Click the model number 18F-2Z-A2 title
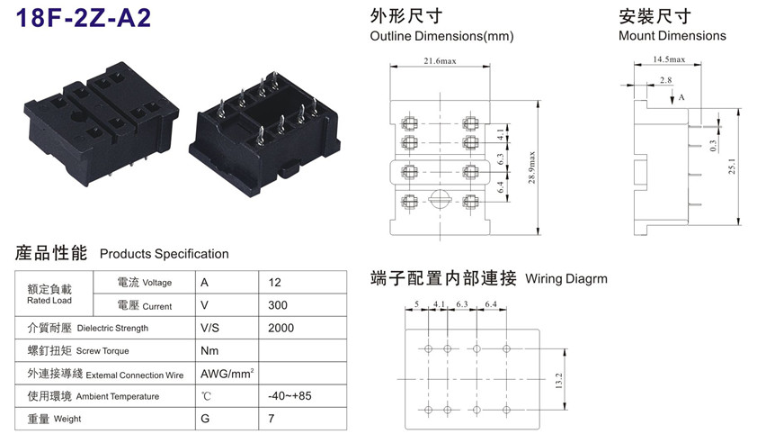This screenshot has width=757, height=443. (x=84, y=17)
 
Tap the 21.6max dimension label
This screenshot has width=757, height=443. (x=440, y=61)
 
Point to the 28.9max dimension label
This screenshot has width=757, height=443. (x=531, y=167)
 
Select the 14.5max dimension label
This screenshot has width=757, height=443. (x=669, y=59)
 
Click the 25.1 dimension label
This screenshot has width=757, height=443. (x=732, y=167)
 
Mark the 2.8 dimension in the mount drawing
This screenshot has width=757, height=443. (x=666, y=80)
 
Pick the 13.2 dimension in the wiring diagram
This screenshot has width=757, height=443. (x=558, y=381)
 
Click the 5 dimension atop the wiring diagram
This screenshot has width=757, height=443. (x=416, y=303)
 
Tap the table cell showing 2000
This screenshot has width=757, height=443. (x=281, y=328)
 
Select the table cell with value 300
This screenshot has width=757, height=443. (x=278, y=305)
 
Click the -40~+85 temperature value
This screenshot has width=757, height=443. (x=289, y=395)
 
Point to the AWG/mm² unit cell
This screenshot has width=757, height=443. (x=227, y=374)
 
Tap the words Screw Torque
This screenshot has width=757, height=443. (x=102, y=351)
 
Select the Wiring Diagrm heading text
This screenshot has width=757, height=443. (x=566, y=278)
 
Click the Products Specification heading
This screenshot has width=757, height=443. (x=165, y=254)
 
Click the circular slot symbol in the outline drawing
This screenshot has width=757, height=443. (x=440, y=199)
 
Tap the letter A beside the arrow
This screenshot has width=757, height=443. (x=681, y=97)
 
